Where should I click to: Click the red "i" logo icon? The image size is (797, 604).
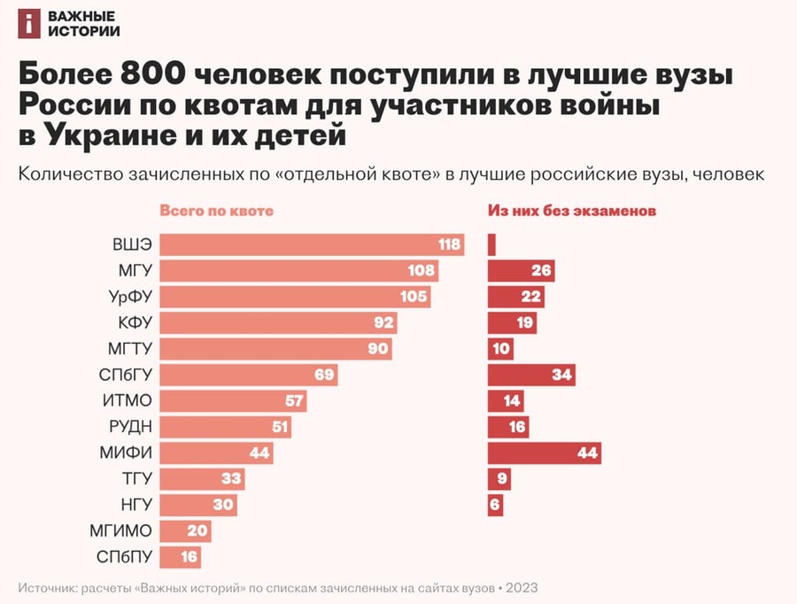click(29, 25)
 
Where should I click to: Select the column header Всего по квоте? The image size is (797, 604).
click(216, 212)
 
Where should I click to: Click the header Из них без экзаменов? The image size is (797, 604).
click(571, 212)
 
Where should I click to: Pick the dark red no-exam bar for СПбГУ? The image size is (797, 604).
click(531, 375)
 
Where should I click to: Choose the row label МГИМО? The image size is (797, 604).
click(121, 531)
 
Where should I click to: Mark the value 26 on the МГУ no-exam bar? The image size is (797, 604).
click(542, 271)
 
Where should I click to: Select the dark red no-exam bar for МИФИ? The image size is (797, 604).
click(544, 453)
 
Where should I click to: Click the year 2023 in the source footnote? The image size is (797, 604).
click(522, 587)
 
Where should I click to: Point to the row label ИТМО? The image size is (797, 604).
click(128, 401)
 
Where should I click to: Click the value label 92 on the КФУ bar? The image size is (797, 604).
click(383, 322)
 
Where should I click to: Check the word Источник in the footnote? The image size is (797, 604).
click(46, 587)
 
